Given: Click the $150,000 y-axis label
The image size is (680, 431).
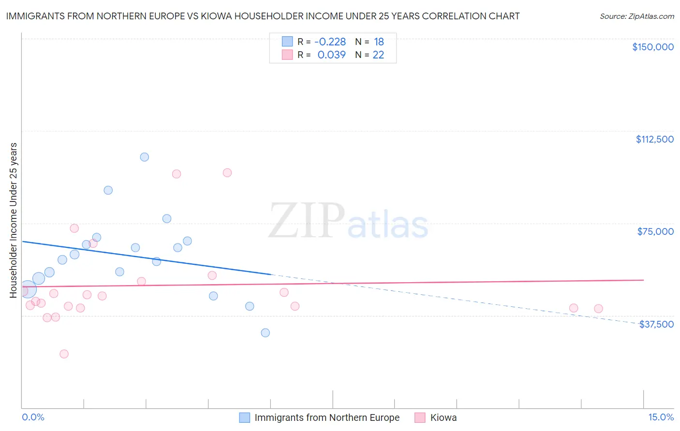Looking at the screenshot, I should click(x=652, y=47).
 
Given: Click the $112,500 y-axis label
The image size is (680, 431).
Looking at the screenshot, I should click(x=654, y=139).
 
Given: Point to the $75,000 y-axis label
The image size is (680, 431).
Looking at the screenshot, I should click(x=655, y=231).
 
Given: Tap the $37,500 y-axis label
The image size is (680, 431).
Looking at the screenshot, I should click(x=656, y=324).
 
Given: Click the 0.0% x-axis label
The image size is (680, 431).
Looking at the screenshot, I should click(x=33, y=417).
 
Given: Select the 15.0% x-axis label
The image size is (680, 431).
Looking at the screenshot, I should click(x=661, y=417).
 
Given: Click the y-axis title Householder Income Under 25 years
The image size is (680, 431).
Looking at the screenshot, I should click(x=14, y=220).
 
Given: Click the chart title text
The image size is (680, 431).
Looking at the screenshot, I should click(x=263, y=16).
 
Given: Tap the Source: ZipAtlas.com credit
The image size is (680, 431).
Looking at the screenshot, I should click(x=636, y=16).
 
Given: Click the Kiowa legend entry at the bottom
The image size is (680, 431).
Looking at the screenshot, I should click(x=443, y=417).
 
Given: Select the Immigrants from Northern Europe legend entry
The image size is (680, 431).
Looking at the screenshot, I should click(x=327, y=417).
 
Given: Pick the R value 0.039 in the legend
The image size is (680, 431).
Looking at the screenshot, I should click(x=331, y=55).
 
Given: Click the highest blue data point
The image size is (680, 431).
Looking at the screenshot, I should click(x=144, y=157).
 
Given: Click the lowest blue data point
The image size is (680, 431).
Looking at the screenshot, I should click(x=265, y=332).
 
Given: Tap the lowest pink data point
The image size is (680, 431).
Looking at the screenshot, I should click(x=64, y=354).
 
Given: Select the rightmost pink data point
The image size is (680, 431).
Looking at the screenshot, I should click(x=598, y=309).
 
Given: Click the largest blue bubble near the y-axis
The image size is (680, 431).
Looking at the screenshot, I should click(x=28, y=290).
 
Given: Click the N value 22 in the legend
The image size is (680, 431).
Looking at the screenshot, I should click(x=378, y=55).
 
